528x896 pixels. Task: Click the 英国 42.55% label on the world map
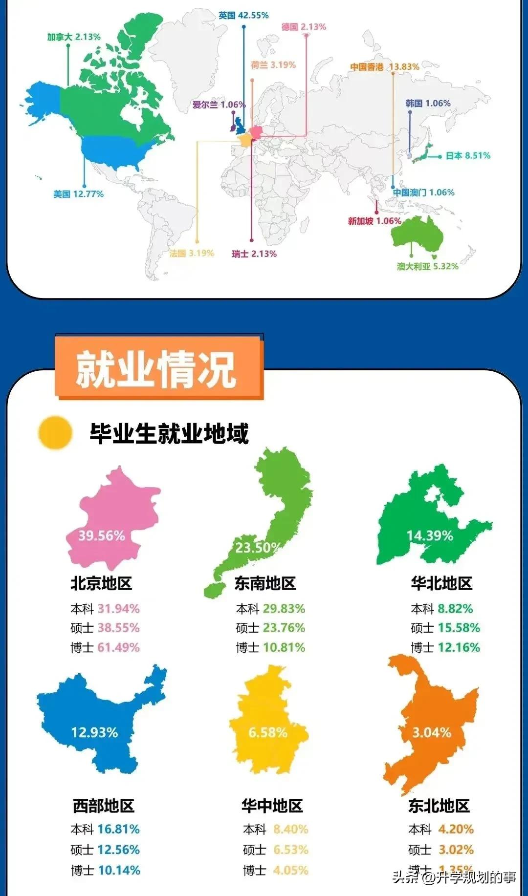coord(243,16)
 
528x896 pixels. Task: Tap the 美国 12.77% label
coord(78,194)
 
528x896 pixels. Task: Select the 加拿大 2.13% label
coord(74,37)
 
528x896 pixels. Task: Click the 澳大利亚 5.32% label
coord(428,266)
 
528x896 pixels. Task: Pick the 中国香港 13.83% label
coord(385,67)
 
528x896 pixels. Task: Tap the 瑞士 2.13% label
coord(254,254)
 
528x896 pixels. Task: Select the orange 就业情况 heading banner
coord(159,368)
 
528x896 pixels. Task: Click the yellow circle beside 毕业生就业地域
coord(56,432)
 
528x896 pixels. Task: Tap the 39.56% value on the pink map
coord(102,536)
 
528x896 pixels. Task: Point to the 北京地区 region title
coord(101,583)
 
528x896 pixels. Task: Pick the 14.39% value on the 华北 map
coord(430,536)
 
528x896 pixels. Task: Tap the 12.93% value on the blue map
coord(94,732)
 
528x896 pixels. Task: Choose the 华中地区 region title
coord(272,806)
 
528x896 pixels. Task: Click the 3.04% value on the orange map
coord(432,732)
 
